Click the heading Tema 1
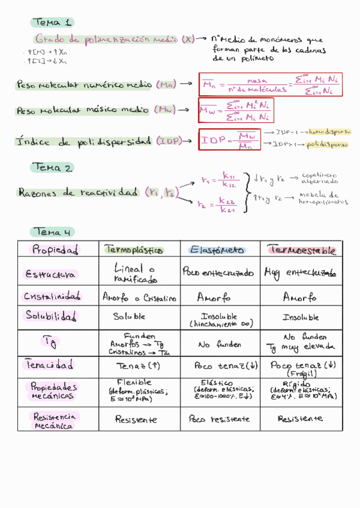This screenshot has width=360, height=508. [x=52, y=23]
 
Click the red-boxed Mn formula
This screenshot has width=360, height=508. [x=270, y=84]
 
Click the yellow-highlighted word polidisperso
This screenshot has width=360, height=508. [x=328, y=144]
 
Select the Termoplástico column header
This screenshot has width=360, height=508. [x=133, y=249]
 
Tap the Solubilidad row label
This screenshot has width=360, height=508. [x=53, y=315]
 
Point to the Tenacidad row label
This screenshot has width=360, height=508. [x=50, y=364]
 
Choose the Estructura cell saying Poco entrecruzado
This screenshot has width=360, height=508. [x=218, y=273]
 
